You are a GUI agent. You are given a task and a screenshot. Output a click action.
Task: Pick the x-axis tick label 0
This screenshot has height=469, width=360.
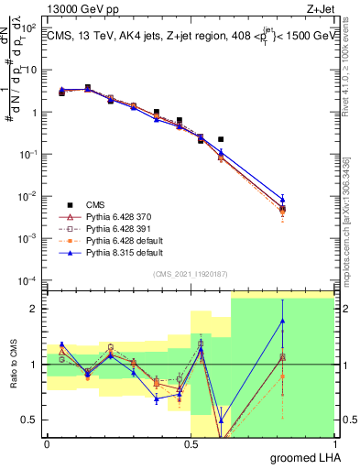tap(47, 443)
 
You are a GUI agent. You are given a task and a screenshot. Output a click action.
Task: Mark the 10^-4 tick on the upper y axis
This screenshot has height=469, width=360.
tap(29, 280)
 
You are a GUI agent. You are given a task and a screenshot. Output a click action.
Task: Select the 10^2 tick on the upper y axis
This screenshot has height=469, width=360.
tap(29, 27)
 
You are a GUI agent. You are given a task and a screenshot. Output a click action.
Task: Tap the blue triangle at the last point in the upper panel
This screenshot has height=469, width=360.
tap(283, 199)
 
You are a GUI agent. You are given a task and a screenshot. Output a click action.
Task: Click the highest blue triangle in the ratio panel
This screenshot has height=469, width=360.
tap(283, 321)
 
